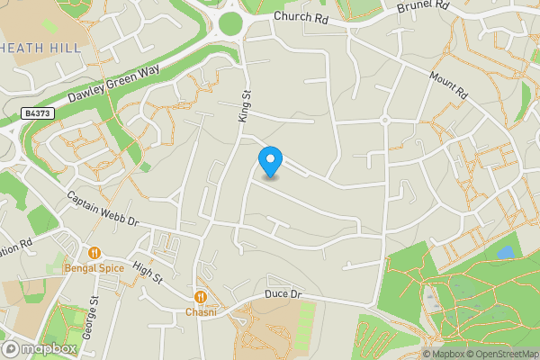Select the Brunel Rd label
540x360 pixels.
(x=423, y=8)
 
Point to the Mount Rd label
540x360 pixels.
(x=449, y=86)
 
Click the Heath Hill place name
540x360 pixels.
(x=40, y=47)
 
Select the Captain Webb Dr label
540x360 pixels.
(x=103, y=209)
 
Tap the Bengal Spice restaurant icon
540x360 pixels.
(x=94, y=252)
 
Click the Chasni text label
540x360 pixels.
(x=202, y=311)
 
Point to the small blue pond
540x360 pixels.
(x=505, y=253)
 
